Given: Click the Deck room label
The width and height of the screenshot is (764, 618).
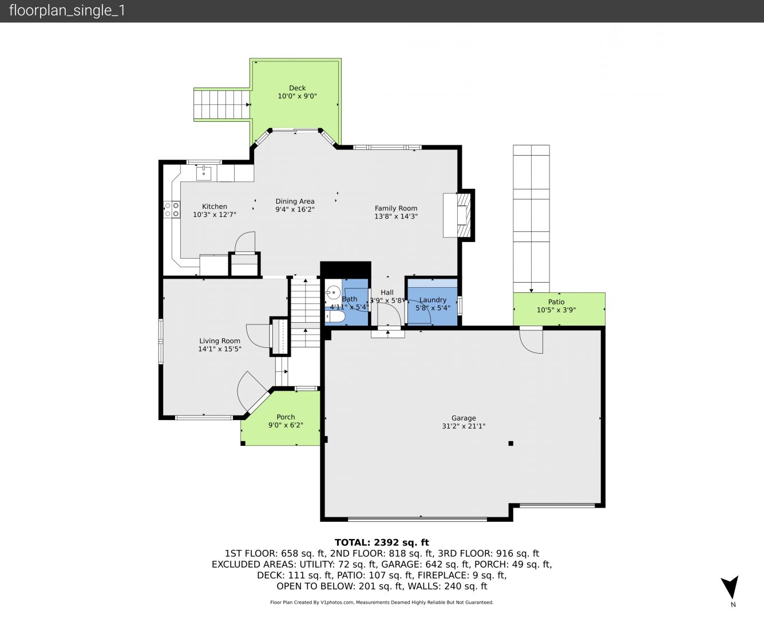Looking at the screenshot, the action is click(x=298, y=88).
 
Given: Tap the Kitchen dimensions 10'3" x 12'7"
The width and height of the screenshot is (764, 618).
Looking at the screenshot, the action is click(x=215, y=215).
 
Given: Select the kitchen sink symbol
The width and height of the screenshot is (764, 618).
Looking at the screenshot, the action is click(x=204, y=173).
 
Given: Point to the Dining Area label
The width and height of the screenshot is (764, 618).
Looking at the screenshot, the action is click(x=295, y=201).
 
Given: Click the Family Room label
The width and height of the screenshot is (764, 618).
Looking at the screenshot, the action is click(x=396, y=208).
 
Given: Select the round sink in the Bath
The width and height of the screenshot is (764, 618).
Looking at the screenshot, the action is click(x=334, y=292).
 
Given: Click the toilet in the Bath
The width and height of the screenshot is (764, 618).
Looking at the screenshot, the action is click(x=335, y=317).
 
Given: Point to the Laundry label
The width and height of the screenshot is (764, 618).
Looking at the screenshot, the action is click(x=433, y=300).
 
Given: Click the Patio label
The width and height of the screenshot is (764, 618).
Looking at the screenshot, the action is click(x=556, y=302).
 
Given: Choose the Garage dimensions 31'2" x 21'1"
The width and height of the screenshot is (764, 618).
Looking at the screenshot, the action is click(x=464, y=426).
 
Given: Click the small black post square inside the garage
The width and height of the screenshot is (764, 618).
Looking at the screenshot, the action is click(x=511, y=443).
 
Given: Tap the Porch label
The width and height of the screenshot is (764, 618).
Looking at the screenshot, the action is click(x=286, y=417).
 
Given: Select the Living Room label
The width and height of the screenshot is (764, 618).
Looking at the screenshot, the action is click(x=220, y=340).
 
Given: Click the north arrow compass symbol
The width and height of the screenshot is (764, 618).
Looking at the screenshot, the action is click(x=730, y=587).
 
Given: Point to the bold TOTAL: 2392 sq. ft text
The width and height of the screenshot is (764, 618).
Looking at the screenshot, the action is click(x=382, y=542).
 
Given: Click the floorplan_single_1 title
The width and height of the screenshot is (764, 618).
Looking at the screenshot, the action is click(x=67, y=11).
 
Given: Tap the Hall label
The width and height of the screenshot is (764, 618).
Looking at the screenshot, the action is click(x=387, y=292).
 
